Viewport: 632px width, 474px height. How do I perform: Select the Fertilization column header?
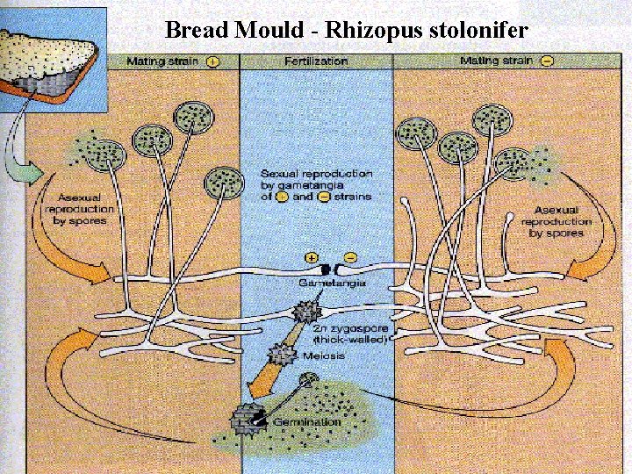[x=316, y=61]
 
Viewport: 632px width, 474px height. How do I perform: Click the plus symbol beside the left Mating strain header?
[x=213, y=61]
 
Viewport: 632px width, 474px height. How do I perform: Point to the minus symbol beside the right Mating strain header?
[x=547, y=61]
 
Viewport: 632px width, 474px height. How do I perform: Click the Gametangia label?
[x=325, y=284]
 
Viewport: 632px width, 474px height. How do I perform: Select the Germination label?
[x=306, y=422]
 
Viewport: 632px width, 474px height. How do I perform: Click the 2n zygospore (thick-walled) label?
[x=350, y=332]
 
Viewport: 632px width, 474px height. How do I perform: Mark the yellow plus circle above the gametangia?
[x=312, y=257]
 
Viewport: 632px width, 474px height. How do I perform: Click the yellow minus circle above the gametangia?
[x=350, y=257]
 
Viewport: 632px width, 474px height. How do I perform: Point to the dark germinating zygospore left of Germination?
[x=246, y=417]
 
